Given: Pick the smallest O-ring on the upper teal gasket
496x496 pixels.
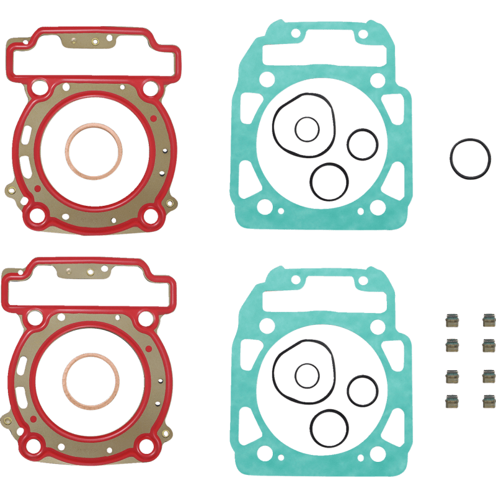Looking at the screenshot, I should [307, 130].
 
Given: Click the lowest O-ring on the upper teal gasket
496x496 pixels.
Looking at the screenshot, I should [329, 182].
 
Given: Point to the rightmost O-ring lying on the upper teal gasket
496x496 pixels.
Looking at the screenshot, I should [363, 144].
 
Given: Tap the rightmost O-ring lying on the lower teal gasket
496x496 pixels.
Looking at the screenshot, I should [363, 391].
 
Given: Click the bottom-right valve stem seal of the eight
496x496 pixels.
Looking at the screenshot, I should [487, 401].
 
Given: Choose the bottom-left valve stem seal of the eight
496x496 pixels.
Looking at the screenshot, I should [451, 401].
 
